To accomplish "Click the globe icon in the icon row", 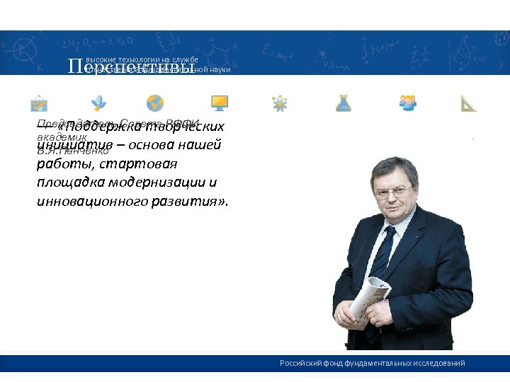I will [155, 103].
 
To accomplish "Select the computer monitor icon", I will [219, 103].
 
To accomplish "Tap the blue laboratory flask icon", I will [344, 103].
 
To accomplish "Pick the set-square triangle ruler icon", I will [468, 103].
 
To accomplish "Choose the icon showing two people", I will [407, 103].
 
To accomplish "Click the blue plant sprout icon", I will [101, 103].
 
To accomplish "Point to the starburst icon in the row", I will [280, 103].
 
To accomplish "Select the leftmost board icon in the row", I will [39, 103].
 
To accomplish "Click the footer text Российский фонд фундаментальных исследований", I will [372, 363].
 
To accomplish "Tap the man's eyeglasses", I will [392, 191].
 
